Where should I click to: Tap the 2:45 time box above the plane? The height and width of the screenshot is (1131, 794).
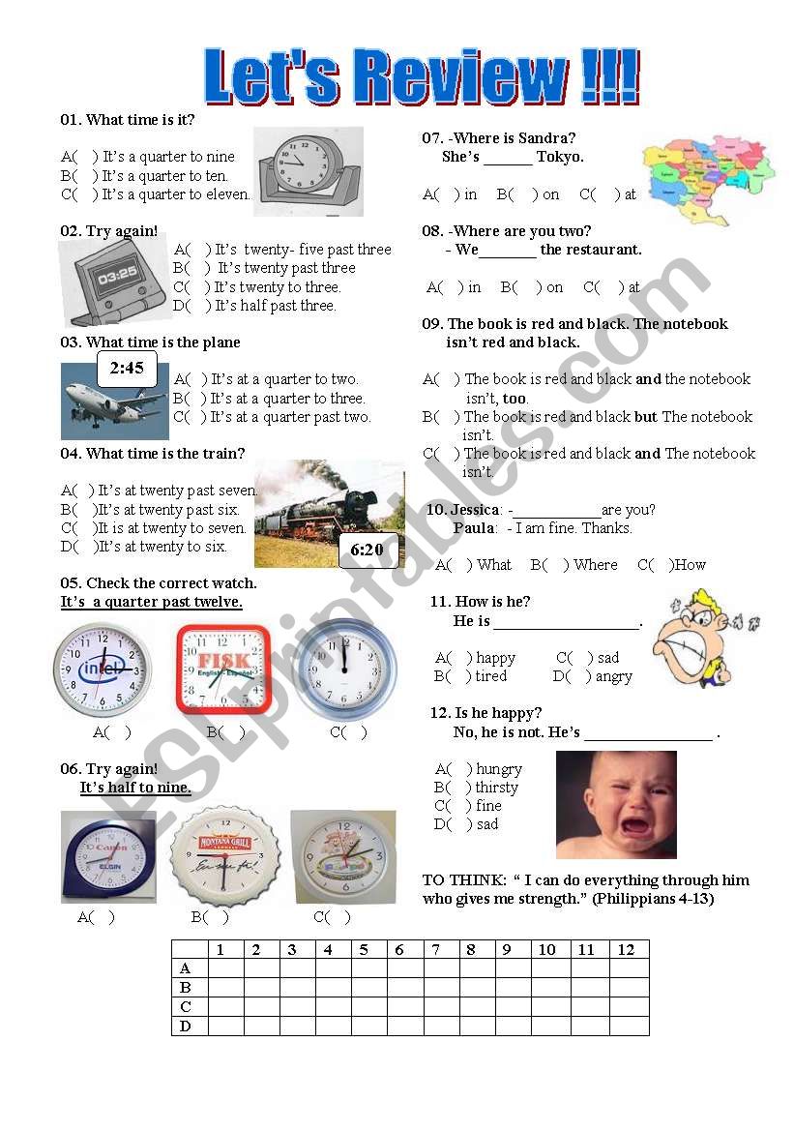point(127,369)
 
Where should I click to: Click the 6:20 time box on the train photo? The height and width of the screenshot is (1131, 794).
point(368,550)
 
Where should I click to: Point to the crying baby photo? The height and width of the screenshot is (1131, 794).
point(616,805)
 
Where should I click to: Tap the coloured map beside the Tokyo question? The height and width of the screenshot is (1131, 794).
point(709,179)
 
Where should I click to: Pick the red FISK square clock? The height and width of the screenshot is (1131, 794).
point(223,669)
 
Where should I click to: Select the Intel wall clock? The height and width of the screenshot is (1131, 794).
point(103,670)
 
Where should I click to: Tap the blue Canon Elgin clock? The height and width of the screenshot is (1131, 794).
point(108,856)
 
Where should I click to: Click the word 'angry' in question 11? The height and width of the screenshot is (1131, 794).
point(613,676)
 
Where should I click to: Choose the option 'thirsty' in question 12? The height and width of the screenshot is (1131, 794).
point(496,788)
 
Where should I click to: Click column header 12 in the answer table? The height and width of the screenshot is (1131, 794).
point(627,950)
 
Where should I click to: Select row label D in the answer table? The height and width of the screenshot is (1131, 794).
point(187,1026)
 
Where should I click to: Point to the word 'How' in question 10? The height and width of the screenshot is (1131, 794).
point(690,565)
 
